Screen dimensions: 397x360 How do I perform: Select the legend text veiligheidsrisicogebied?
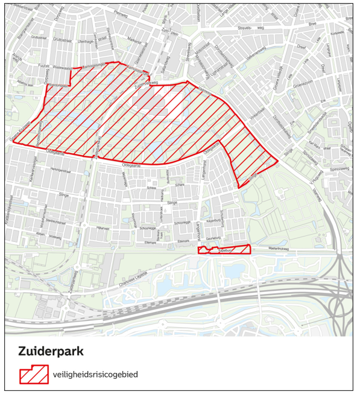(95, 375)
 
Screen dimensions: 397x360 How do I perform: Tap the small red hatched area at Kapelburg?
(224, 250)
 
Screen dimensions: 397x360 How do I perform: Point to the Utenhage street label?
(86, 41)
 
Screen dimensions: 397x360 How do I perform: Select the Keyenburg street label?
(214, 221)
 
